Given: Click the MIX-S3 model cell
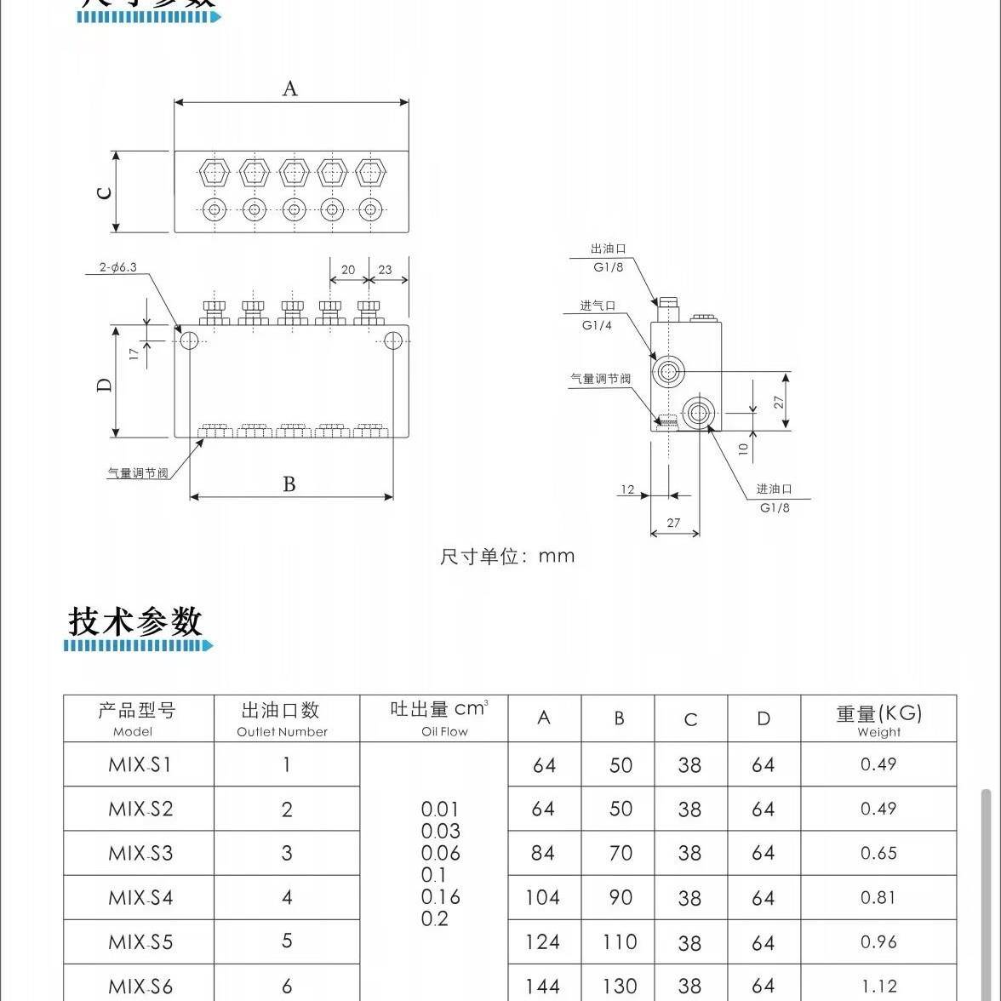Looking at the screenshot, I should pyautogui.click(x=140, y=853).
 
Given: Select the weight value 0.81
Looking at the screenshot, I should pyautogui.click(x=878, y=897).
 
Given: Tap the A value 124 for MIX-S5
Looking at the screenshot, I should pyautogui.click(x=543, y=942).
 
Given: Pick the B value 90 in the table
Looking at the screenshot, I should pyautogui.click(x=620, y=897).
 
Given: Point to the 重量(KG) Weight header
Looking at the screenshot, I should pyautogui.click(x=878, y=718).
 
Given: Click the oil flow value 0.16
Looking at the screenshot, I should pyautogui.click(x=440, y=897).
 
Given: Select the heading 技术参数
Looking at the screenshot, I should pyautogui.click(x=135, y=621).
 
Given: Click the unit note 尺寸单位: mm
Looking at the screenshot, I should pyautogui.click(x=507, y=557).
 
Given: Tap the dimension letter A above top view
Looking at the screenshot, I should pyautogui.click(x=290, y=89).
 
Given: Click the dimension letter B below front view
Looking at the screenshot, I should pyautogui.click(x=289, y=484).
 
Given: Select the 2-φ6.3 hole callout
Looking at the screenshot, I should pyautogui.click(x=118, y=267).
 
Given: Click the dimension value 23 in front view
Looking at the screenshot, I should pyautogui.click(x=385, y=270).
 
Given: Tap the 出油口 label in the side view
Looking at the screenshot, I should pyautogui.click(x=608, y=249).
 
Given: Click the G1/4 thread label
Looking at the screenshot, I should pyautogui.click(x=597, y=325).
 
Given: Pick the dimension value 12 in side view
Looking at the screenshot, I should pyautogui.click(x=627, y=489).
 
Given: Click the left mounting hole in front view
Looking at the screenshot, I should pyautogui.click(x=189, y=341).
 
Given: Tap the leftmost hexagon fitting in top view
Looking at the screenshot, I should pyautogui.click(x=214, y=173).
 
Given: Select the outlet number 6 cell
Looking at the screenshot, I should pyautogui.click(x=287, y=987).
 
